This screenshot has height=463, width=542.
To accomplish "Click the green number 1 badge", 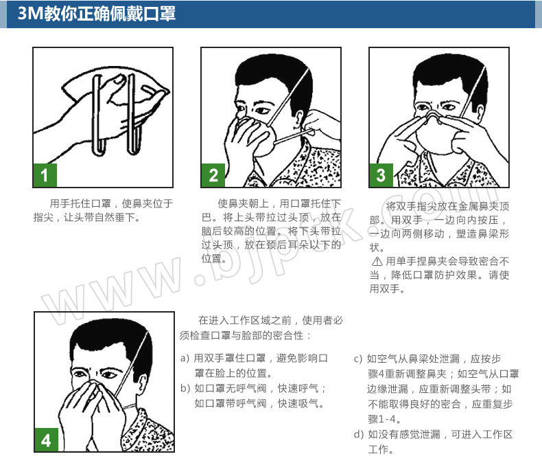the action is coord(45,175).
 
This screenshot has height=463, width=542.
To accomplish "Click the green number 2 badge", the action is coord(213,175).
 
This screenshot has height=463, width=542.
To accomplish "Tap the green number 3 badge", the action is coord(381,175).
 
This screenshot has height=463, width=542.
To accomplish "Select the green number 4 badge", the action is coord(47,440).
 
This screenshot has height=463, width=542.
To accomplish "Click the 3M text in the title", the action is coord(30,14).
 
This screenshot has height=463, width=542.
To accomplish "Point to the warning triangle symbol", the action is coord(377,261).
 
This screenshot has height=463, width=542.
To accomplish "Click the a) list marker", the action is coord(185,358).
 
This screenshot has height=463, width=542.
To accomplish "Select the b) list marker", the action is coord(185,388).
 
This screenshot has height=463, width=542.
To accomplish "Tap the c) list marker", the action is coord(358,359).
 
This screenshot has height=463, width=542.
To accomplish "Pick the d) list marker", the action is coord(359,434).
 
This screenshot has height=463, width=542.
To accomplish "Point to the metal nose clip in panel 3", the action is coord(434,116).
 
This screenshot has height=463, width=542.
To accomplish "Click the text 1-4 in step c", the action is coord(387,419).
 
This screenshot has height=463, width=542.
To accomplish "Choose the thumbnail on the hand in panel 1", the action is coord(119,80).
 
